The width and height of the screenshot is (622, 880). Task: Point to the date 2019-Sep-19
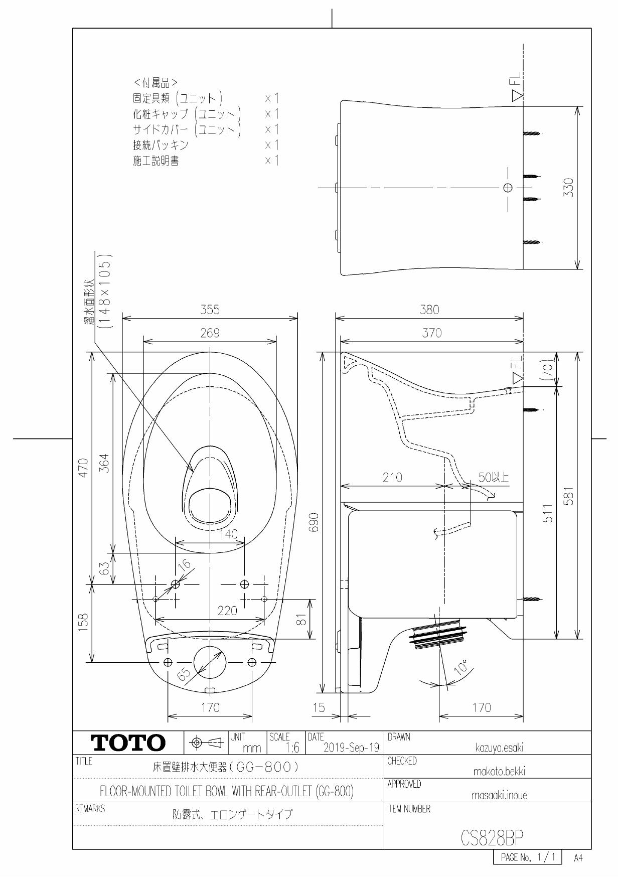351,748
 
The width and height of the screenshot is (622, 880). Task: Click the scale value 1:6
291,748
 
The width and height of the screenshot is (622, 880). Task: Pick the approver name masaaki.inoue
499,795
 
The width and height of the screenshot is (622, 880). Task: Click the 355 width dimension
210,310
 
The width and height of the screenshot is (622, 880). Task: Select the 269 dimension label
210,334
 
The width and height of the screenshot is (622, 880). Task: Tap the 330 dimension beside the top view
569,188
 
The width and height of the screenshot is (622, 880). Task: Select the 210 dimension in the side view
392,478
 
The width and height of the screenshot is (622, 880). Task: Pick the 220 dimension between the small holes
227,611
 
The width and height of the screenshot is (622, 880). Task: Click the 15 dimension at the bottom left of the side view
319,708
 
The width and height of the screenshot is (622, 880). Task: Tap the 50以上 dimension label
493,478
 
